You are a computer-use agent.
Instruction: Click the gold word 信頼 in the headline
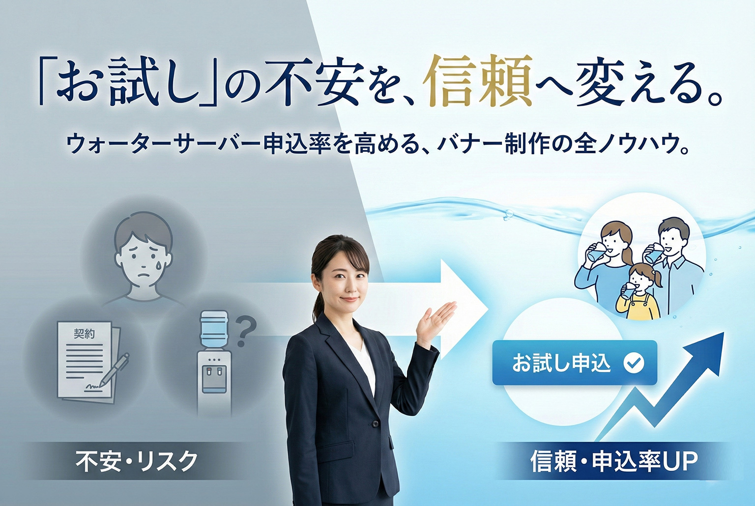[x=480, y=81]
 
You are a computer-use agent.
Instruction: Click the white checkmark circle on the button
[x=634, y=363]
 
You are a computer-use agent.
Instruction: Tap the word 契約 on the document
[x=84, y=334]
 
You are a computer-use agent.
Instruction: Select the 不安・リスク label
[x=136, y=461]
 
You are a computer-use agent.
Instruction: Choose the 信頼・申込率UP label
[x=614, y=461]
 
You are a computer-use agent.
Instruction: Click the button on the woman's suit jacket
[x=376, y=423]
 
